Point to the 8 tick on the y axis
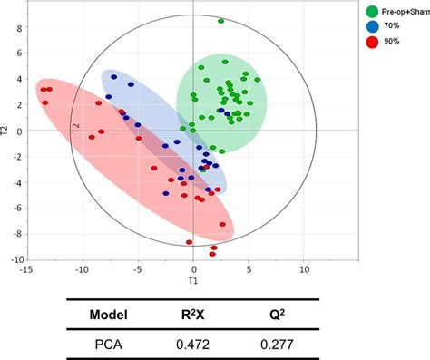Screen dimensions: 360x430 tap(17, 27)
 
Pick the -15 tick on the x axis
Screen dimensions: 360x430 tap(28, 269)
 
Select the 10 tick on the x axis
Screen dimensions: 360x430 tap(304, 269)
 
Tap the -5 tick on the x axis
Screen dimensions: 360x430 tap(138, 269)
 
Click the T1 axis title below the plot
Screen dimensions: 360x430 tap(193, 280)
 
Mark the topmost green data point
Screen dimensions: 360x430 tap(220, 21)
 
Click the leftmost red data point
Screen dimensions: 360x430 tap(42, 89)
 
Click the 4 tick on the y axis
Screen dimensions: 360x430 tap(17, 79)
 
